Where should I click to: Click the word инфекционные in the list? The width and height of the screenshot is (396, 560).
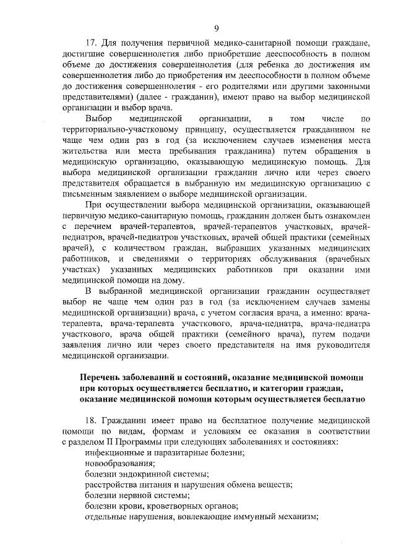point(114,452)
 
